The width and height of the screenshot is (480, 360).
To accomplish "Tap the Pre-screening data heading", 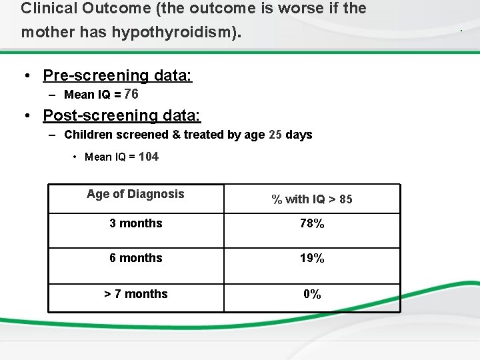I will [117, 75].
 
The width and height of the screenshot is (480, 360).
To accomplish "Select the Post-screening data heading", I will [121, 115].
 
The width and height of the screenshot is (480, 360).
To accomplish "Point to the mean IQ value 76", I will [131, 94].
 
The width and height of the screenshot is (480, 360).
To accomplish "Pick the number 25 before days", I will [275, 135].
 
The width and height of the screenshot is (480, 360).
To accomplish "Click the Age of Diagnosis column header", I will [135, 194].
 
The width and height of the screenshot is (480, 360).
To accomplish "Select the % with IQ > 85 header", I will [311, 199].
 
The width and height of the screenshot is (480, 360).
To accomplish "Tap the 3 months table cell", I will [135, 223].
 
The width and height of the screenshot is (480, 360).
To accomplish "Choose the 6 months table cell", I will [135, 257].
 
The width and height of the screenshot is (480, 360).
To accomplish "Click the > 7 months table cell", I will [135, 294].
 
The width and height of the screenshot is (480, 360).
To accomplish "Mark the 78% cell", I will [311, 224].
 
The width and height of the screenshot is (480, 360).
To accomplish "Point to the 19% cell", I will [311, 258].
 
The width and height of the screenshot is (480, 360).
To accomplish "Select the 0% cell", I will [311, 294].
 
